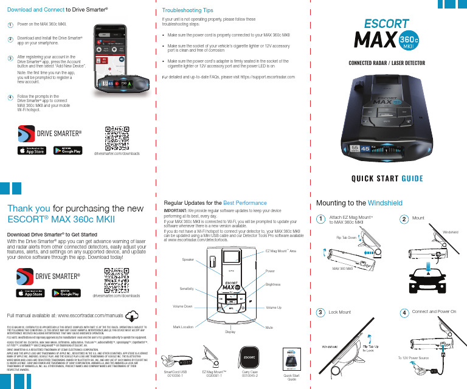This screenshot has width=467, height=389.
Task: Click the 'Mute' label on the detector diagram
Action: coord(269,326)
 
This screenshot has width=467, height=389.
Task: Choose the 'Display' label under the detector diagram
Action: coord(230,332)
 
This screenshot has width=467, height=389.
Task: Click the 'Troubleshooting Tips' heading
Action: coord(187,10)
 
